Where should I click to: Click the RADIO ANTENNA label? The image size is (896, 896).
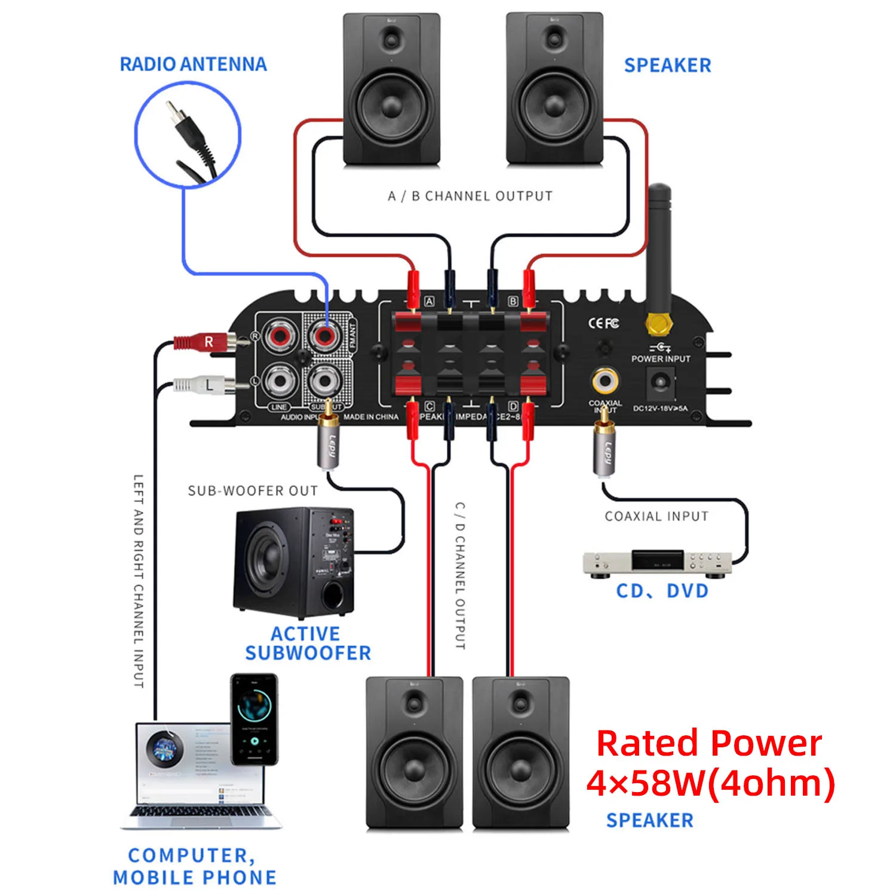coord(193,65)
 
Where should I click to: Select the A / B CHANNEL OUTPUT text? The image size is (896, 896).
coord(470,196)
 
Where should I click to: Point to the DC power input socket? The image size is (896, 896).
coord(661,381)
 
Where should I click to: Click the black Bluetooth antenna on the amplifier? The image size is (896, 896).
coord(659,251)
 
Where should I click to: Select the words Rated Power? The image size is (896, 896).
coord(709,744)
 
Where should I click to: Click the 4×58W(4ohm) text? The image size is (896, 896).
coord(710,783)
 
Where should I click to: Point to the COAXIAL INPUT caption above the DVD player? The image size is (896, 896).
coord(656,516)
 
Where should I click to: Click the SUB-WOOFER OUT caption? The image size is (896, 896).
coord(253,491)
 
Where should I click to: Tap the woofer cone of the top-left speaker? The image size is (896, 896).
coord(391,108)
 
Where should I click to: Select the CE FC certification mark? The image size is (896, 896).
coord(603,323)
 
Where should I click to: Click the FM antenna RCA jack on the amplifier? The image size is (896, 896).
coord(324,335)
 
